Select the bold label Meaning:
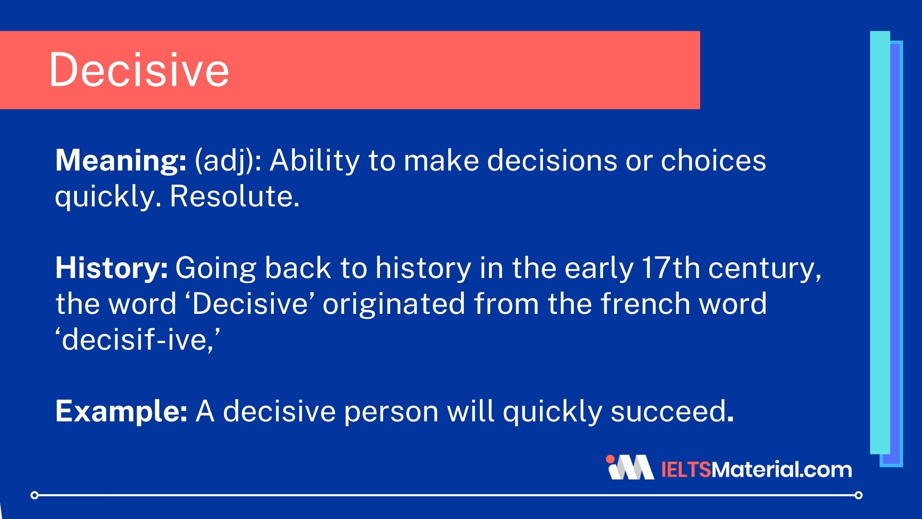coord(121,161)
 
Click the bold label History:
coord(112,268)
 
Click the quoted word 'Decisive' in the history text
coord(250,304)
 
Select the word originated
coord(393,304)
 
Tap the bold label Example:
coord(121,411)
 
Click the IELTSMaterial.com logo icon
coord(630,468)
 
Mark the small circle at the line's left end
coord(35,495)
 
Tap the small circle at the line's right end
coord(859,495)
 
